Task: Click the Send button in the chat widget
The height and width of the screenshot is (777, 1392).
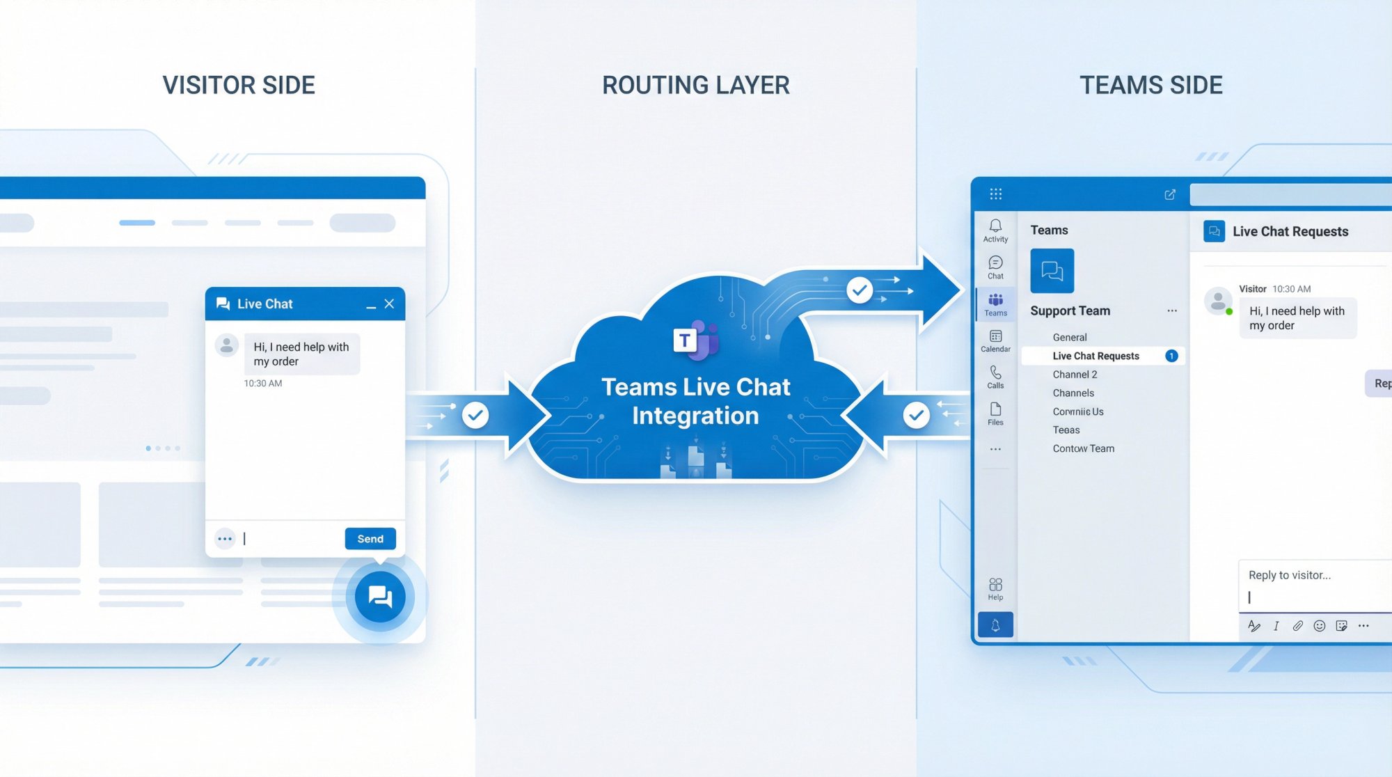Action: point(370,539)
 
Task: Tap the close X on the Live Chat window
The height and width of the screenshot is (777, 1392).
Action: point(389,304)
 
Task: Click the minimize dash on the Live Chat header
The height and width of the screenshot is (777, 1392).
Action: point(371,306)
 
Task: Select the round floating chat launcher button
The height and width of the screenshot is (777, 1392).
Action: point(380,597)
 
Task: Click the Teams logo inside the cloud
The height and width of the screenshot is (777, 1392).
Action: point(695,340)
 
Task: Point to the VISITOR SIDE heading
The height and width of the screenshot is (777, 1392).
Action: point(239,85)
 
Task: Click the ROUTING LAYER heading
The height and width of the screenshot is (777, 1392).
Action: point(695,85)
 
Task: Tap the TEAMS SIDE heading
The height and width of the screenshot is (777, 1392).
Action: point(1150,85)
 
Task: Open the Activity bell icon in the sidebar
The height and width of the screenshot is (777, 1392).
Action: point(995,226)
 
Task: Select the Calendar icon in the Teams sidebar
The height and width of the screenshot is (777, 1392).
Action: point(995,337)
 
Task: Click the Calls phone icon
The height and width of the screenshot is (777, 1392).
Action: point(995,373)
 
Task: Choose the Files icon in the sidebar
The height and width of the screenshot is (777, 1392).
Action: point(995,409)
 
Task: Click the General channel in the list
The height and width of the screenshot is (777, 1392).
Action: point(1069,338)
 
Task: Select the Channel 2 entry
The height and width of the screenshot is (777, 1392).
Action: point(1075,375)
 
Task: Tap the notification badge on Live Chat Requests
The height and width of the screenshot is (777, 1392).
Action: point(1171,356)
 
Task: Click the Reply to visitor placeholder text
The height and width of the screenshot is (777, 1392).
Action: point(1289,575)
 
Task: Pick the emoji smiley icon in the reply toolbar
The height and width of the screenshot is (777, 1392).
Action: point(1319,626)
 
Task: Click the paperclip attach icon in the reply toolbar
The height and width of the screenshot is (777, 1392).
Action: point(1297,626)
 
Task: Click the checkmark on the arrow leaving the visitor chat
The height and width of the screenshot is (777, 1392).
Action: point(475,416)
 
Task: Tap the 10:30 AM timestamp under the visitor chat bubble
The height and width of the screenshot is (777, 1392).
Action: point(263,384)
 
